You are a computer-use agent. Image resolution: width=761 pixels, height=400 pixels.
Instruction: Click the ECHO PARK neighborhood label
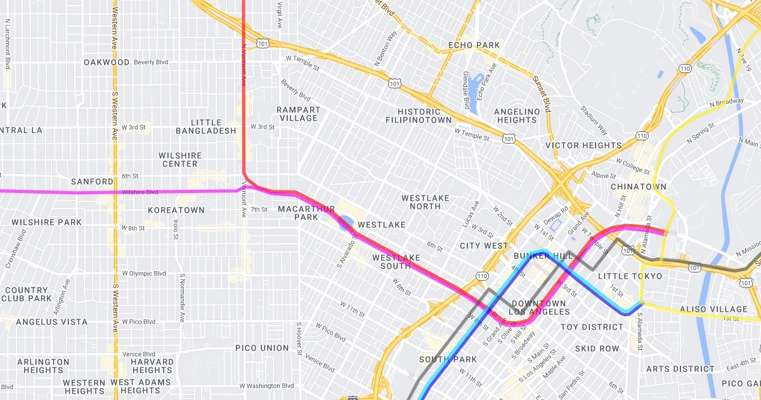tap(474, 45)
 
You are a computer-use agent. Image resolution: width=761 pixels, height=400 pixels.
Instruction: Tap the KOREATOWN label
tap(176, 210)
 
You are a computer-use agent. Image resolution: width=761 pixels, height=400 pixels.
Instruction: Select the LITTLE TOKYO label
tap(629, 276)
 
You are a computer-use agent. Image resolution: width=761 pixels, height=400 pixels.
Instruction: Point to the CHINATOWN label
tap(638, 187)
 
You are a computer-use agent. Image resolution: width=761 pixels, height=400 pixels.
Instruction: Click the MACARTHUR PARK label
tap(306, 213)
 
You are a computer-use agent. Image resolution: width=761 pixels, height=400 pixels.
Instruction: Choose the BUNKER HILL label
tap(543, 256)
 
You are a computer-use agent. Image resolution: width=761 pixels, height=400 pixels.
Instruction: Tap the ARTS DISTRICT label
tap(680, 369)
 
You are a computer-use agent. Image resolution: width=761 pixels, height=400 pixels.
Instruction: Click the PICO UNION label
tap(262, 348)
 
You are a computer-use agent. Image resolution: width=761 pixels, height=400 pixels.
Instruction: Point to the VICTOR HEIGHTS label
tap(583, 145)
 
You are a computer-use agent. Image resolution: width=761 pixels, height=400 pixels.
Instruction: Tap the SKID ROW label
tap(597, 349)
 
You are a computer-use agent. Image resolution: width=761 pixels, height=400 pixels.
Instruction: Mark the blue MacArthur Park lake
tap(346, 223)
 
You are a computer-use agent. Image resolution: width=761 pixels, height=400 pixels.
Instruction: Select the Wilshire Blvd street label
tap(140, 192)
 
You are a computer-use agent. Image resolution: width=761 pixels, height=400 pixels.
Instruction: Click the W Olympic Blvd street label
tap(143, 274)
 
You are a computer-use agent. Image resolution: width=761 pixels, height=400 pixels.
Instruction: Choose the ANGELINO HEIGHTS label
tap(516, 116)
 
